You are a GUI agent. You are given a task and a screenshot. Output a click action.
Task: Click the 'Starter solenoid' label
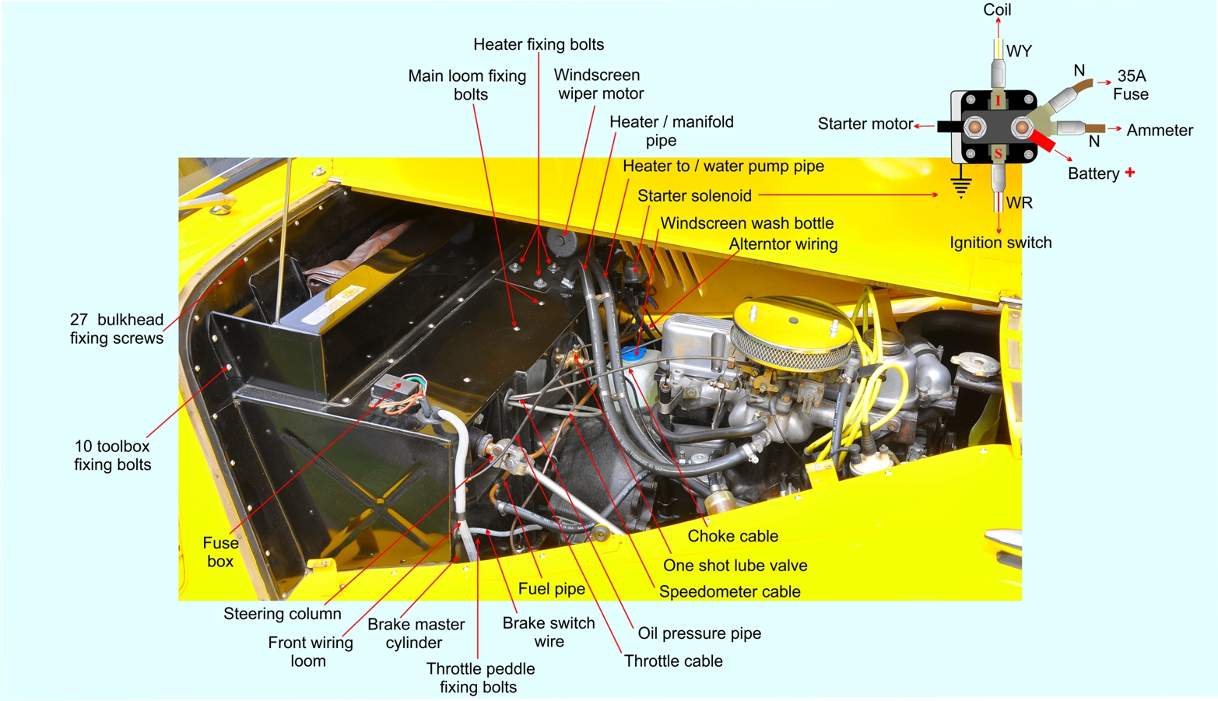694,195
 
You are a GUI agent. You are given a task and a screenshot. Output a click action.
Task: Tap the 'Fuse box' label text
220,552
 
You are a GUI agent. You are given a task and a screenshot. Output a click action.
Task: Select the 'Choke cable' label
732,536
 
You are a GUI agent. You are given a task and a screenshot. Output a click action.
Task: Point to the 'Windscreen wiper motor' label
598,84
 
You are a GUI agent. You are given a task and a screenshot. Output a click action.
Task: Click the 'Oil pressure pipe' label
699,633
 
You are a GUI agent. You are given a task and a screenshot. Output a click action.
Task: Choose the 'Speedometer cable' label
730,591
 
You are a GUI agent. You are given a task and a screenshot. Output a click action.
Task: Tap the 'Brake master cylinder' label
416,633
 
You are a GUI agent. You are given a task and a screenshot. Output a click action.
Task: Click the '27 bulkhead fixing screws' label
117,328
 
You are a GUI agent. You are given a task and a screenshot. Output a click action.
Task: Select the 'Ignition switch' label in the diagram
1001,243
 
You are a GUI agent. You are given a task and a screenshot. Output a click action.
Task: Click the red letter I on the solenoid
998,101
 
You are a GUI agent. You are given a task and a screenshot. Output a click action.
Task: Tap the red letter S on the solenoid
999,154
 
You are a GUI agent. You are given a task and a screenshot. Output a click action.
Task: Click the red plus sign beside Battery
1130,172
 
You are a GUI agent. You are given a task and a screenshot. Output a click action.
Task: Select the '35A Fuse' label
1131,85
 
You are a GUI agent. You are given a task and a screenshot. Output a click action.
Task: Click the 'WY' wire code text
1019,51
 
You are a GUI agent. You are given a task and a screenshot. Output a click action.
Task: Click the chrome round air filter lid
793,321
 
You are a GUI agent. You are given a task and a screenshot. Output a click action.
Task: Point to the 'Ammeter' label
1160,131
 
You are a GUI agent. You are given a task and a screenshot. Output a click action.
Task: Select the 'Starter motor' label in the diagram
865,124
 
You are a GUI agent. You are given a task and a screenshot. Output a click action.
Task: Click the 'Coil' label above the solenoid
997,10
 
